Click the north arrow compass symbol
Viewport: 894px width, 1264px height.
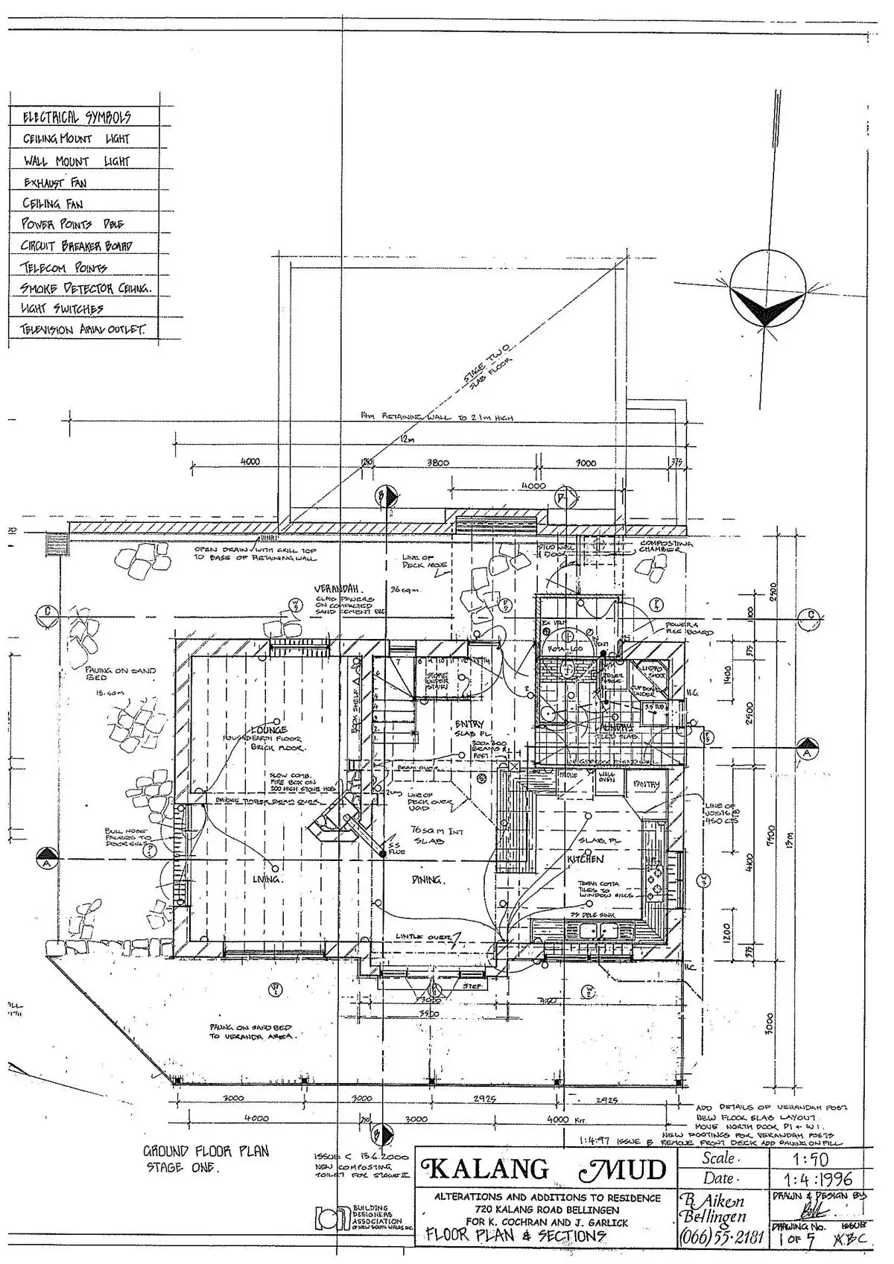click(x=767, y=299)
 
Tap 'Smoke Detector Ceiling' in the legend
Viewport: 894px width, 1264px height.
click(x=86, y=288)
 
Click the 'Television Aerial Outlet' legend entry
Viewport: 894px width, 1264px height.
click(x=83, y=329)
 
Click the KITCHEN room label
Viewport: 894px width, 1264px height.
click(x=586, y=859)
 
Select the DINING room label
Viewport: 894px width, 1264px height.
click(x=428, y=880)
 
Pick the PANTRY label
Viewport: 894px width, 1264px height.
click(x=646, y=784)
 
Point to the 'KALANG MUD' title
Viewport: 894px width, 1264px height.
click(x=545, y=1169)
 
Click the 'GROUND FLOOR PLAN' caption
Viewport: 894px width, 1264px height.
click(x=206, y=1151)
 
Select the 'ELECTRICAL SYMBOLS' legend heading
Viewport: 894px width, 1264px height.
click(x=77, y=117)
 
